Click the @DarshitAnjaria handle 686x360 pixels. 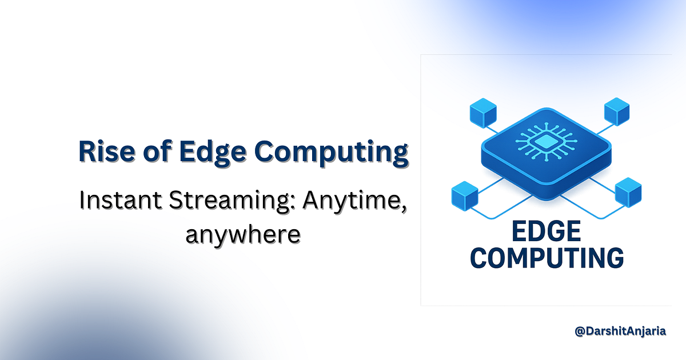click(x=620, y=331)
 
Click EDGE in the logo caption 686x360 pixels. click(x=546, y=233)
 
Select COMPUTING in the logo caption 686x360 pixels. click(x=547, y=258)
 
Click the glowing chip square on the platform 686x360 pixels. click(x=546, y=141)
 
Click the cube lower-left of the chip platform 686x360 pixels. click(x=464, y=194)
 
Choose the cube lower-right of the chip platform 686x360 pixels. click(x=628, y=191)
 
